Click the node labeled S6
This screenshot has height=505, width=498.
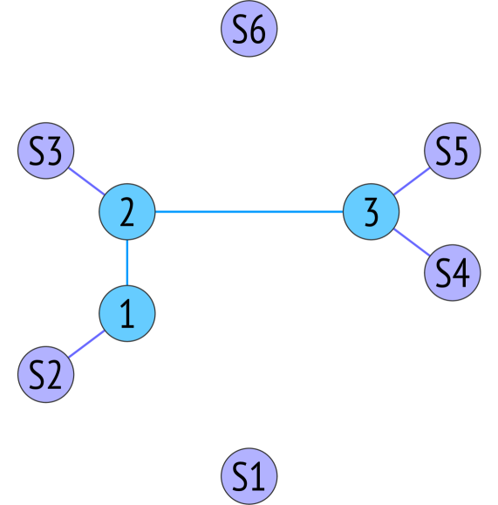coord(249,31)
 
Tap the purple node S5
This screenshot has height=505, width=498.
coord(452,153)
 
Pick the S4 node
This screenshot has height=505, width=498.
coord(452,273)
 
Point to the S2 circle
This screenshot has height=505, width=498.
coord(45,375)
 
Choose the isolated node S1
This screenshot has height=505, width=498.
coord(249,476)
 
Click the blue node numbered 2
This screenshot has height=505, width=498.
coord(127,212)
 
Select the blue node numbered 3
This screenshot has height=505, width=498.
coord(371,212)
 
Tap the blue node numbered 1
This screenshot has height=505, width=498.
coord(127,314)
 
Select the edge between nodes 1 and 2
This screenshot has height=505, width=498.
coord(127,263)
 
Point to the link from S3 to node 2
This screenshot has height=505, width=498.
coord(87,183)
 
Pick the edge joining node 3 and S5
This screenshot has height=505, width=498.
coord(411,182)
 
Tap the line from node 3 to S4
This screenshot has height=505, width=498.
coord(411,242)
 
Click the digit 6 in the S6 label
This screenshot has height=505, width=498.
coord(257,31)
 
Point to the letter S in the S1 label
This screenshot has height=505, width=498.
coord(240,476)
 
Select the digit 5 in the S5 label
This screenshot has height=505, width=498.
coord(460,153)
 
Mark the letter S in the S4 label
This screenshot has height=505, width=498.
coord(442,273)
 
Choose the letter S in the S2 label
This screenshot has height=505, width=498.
coord(36,375)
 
